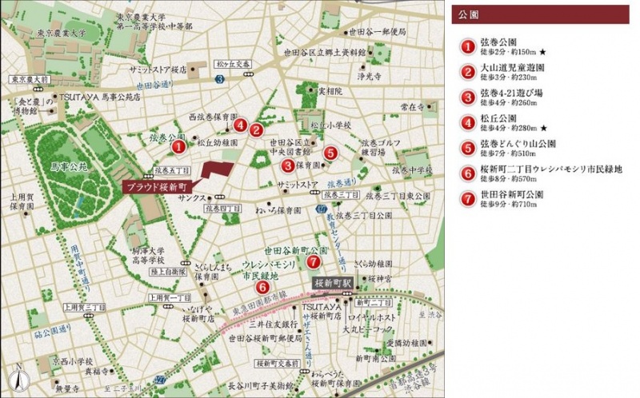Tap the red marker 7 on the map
(x=314, y=261)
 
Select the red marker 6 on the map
(x=262, y=288)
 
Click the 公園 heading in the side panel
(x=470, y=15)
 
